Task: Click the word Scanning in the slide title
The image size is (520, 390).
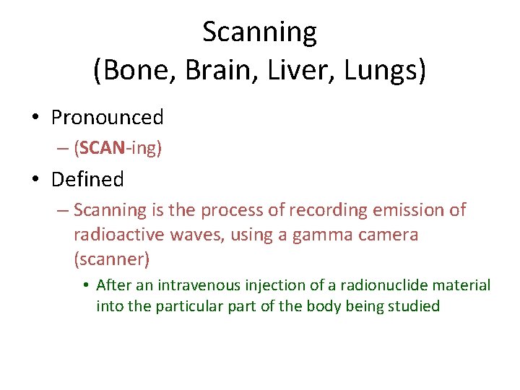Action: [259, 32]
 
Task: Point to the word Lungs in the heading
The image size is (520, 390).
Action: [373, 70]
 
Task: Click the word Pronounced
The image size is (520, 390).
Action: [108, 117]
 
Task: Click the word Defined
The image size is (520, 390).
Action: [87, 179]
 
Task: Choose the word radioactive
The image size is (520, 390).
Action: [118, 235]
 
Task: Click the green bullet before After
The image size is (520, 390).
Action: [85, 286]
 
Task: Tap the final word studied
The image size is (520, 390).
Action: [414, 306]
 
